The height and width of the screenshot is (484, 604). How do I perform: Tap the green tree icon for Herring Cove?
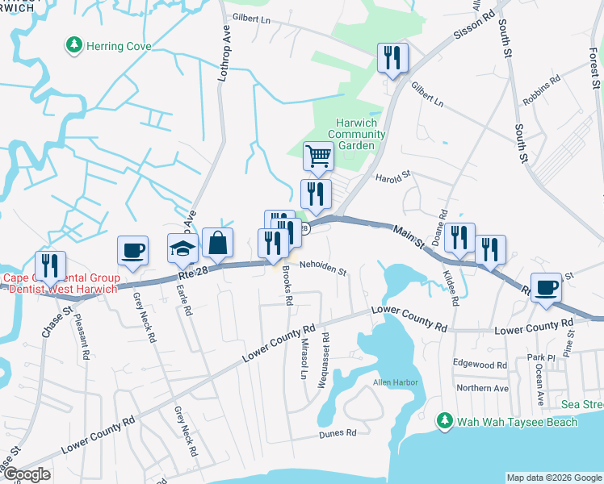pyautogui.click(x=74, y=45)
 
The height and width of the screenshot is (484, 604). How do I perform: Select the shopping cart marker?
pyautogui.click(x=318, y=155)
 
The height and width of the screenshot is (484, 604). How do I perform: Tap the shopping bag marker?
pyautogui.click(x=217, y=241)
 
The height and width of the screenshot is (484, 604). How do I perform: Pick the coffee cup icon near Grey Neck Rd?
pyautogui.click(x=132, y=249)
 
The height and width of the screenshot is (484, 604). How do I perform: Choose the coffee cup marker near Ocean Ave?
pyautogui.click(x=547, y=287)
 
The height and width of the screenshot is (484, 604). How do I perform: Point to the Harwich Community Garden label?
pyautogui.click(x=356, y=134)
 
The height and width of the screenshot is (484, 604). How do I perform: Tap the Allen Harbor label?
pyautogui.click(x=392, y=382)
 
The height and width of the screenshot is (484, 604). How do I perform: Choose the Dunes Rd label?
pyautogui.click(x=341, y=433)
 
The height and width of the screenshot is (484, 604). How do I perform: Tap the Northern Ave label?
pyautogui.click(x=482, y=388)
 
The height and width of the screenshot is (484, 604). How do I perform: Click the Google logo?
pyautogui.click(x=27, y=474)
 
